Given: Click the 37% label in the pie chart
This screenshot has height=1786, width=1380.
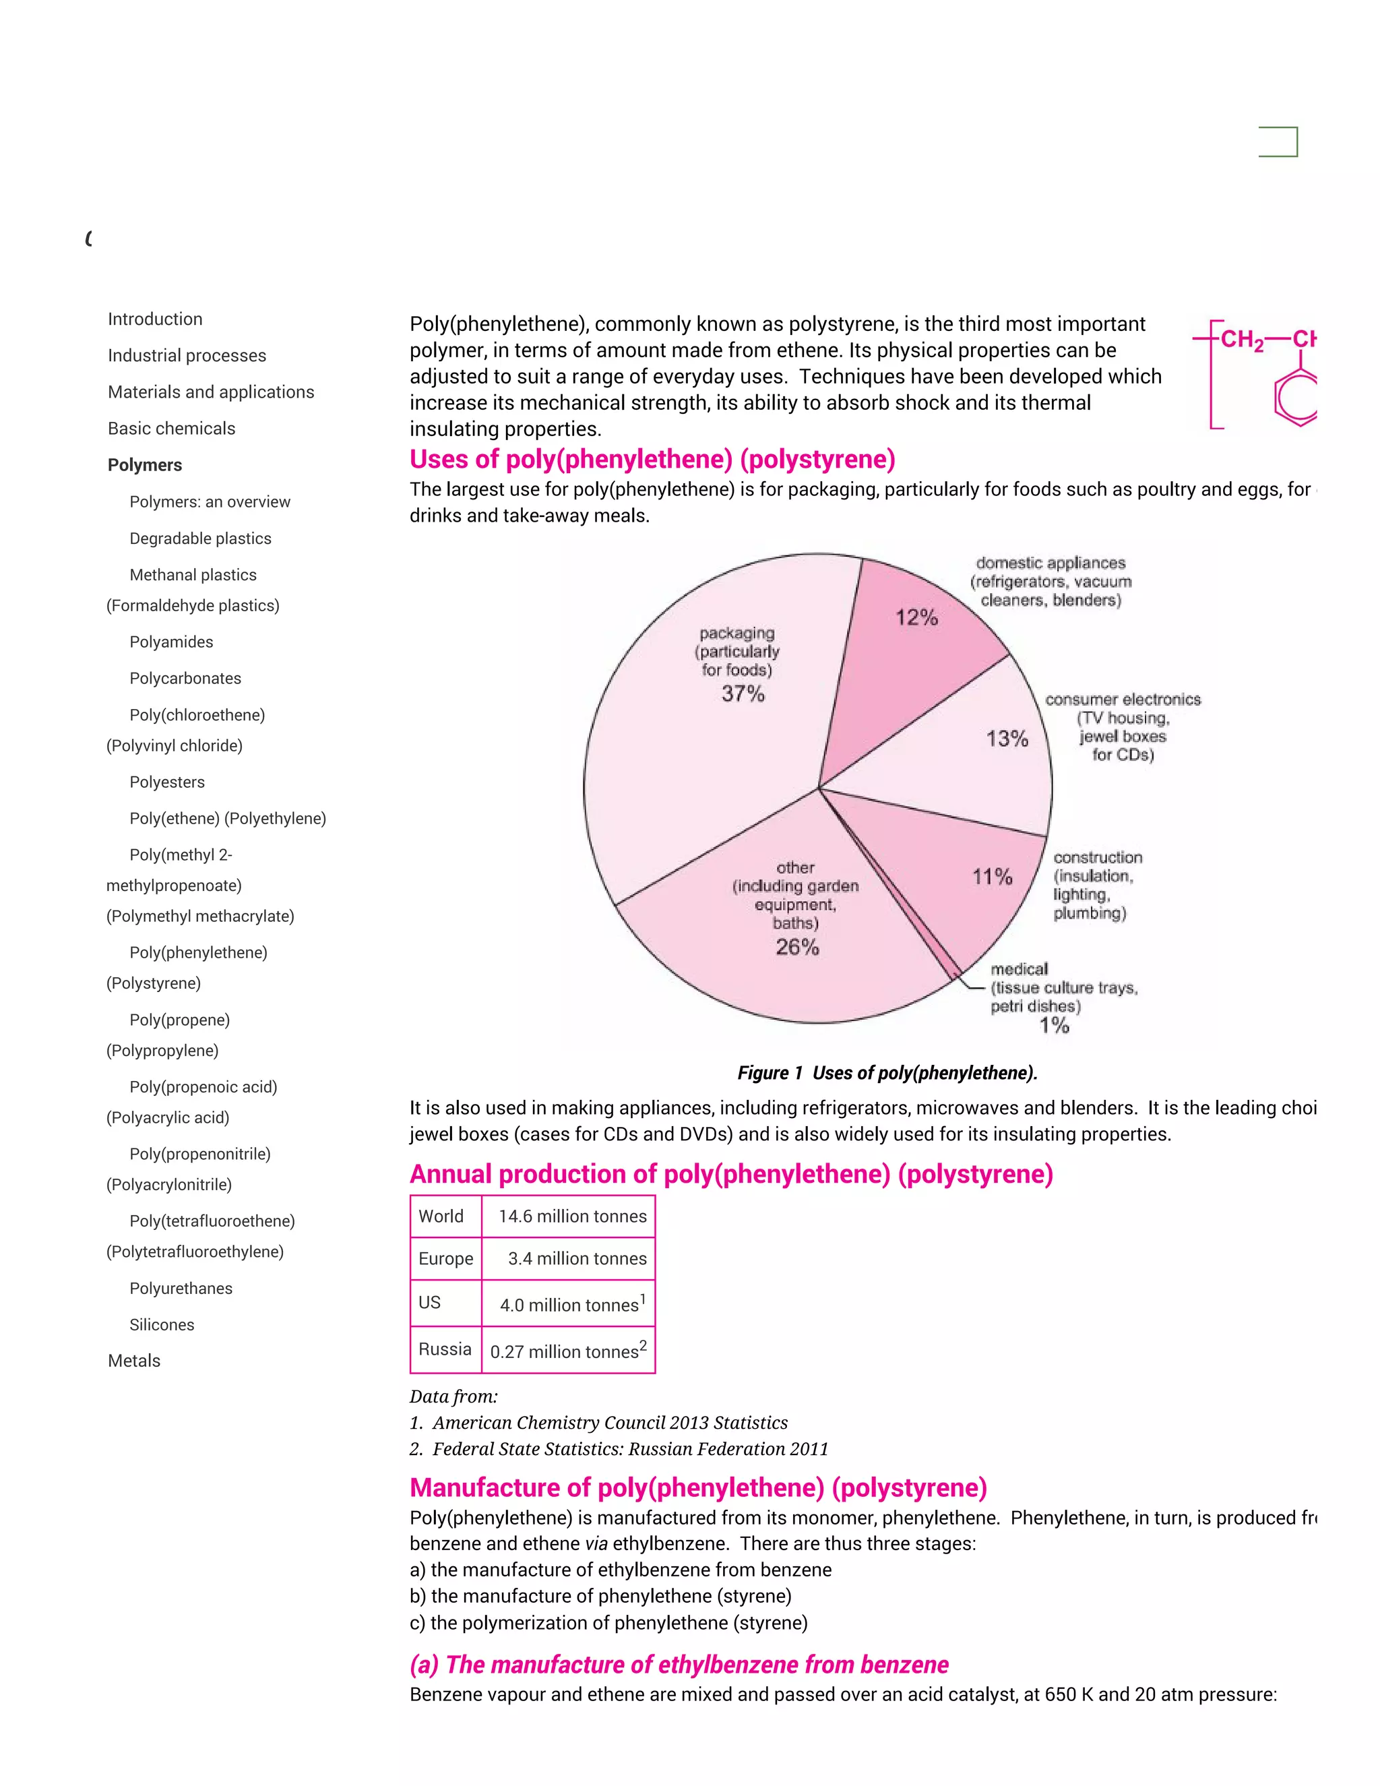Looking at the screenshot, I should point(743,694).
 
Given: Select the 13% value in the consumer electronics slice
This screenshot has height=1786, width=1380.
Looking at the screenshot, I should point(1007,739).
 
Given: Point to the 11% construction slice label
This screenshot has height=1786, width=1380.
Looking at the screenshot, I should point(992,877).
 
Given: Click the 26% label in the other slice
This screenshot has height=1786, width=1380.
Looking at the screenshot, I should point(797,947).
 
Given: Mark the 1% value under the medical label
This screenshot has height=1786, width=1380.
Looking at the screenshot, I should point(1054,1026).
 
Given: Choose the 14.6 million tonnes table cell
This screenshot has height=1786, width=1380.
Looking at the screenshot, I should point(571,1216).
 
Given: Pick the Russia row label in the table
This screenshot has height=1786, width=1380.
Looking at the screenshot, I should point(445,1349).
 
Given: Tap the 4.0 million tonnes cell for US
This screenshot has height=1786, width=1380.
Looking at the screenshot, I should point(571,1304).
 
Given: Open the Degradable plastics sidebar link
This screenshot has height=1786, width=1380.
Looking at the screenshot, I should point(200,538).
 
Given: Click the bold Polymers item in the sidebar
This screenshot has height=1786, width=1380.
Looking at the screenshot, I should point(145,465).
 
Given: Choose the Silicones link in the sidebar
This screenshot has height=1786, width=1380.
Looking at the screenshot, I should point(162,1325).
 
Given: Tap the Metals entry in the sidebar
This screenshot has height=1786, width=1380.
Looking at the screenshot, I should point(134,1361).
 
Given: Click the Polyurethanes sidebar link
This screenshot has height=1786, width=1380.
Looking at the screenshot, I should point(181,1288).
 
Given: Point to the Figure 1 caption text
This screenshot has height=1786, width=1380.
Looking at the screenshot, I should point(887,1073).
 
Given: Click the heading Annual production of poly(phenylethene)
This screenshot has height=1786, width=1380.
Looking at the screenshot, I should point(731,1174).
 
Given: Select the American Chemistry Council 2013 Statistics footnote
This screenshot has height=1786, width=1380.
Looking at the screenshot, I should point(609,1423).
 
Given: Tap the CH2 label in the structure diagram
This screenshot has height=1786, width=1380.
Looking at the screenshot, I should point(1241,340).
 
